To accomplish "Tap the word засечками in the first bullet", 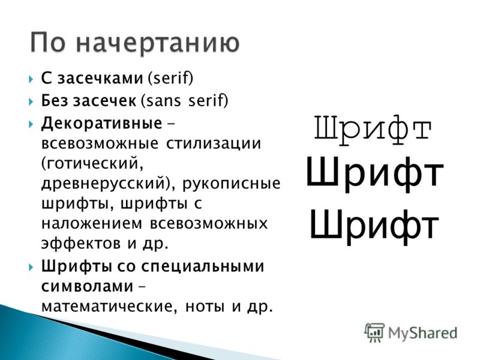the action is [100, 79].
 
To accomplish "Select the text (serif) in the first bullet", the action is [170, 79].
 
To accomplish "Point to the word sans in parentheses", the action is [161, 101].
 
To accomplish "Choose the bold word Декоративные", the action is [101, 124].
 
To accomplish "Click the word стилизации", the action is [214, 143].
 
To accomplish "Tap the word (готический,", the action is [92, 163].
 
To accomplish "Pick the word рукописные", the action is [232, 184].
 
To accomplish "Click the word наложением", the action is [92, 223].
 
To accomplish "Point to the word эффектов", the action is [81, 244].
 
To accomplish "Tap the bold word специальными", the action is [202, 266].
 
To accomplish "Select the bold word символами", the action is [88, 287].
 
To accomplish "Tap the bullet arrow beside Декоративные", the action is [31, 124].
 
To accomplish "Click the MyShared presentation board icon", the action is [374, 332].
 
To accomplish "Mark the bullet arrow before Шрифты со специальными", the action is [31, 267].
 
